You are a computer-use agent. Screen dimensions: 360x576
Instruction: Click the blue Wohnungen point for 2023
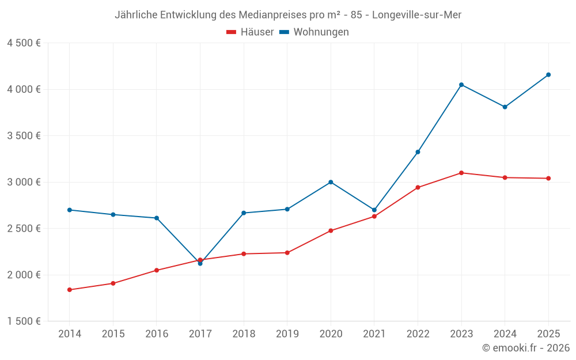tap(461, 85)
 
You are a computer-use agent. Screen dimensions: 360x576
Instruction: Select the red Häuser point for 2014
tap(70, 290)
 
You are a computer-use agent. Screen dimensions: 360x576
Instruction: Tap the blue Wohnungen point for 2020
tap(331, 182)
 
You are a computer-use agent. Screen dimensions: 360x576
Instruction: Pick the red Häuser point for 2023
tap(461, 173)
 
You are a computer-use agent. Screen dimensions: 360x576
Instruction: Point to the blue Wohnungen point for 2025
tap(548, 75)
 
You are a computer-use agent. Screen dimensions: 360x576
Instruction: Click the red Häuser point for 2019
tap(287, 253)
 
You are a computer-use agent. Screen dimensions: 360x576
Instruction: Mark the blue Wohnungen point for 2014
tap(70, 210)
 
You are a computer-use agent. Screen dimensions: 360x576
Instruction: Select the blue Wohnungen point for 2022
tap(418, 152)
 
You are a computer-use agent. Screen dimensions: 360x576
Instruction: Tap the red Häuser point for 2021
tap(374, 217)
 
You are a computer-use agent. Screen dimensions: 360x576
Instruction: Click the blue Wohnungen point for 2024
tap(505, 107)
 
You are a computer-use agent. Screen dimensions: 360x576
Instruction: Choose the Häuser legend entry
tap(250, 32)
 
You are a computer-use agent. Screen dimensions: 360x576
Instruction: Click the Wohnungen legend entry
tap(314, 32)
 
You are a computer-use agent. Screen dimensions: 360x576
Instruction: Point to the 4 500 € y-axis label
tap(24, 43)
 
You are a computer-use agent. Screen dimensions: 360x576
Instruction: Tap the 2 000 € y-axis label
tap(24, 275)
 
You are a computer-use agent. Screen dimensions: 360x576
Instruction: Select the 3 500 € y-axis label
tap(24, 136)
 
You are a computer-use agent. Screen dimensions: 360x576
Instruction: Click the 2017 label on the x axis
tap(200, 334)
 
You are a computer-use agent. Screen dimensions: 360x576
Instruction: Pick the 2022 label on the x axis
tap(418, 334)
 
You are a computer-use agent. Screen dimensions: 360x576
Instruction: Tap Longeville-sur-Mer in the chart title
tap(416, 15)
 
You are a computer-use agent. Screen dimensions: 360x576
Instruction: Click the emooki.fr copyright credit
tap(526, 348)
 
